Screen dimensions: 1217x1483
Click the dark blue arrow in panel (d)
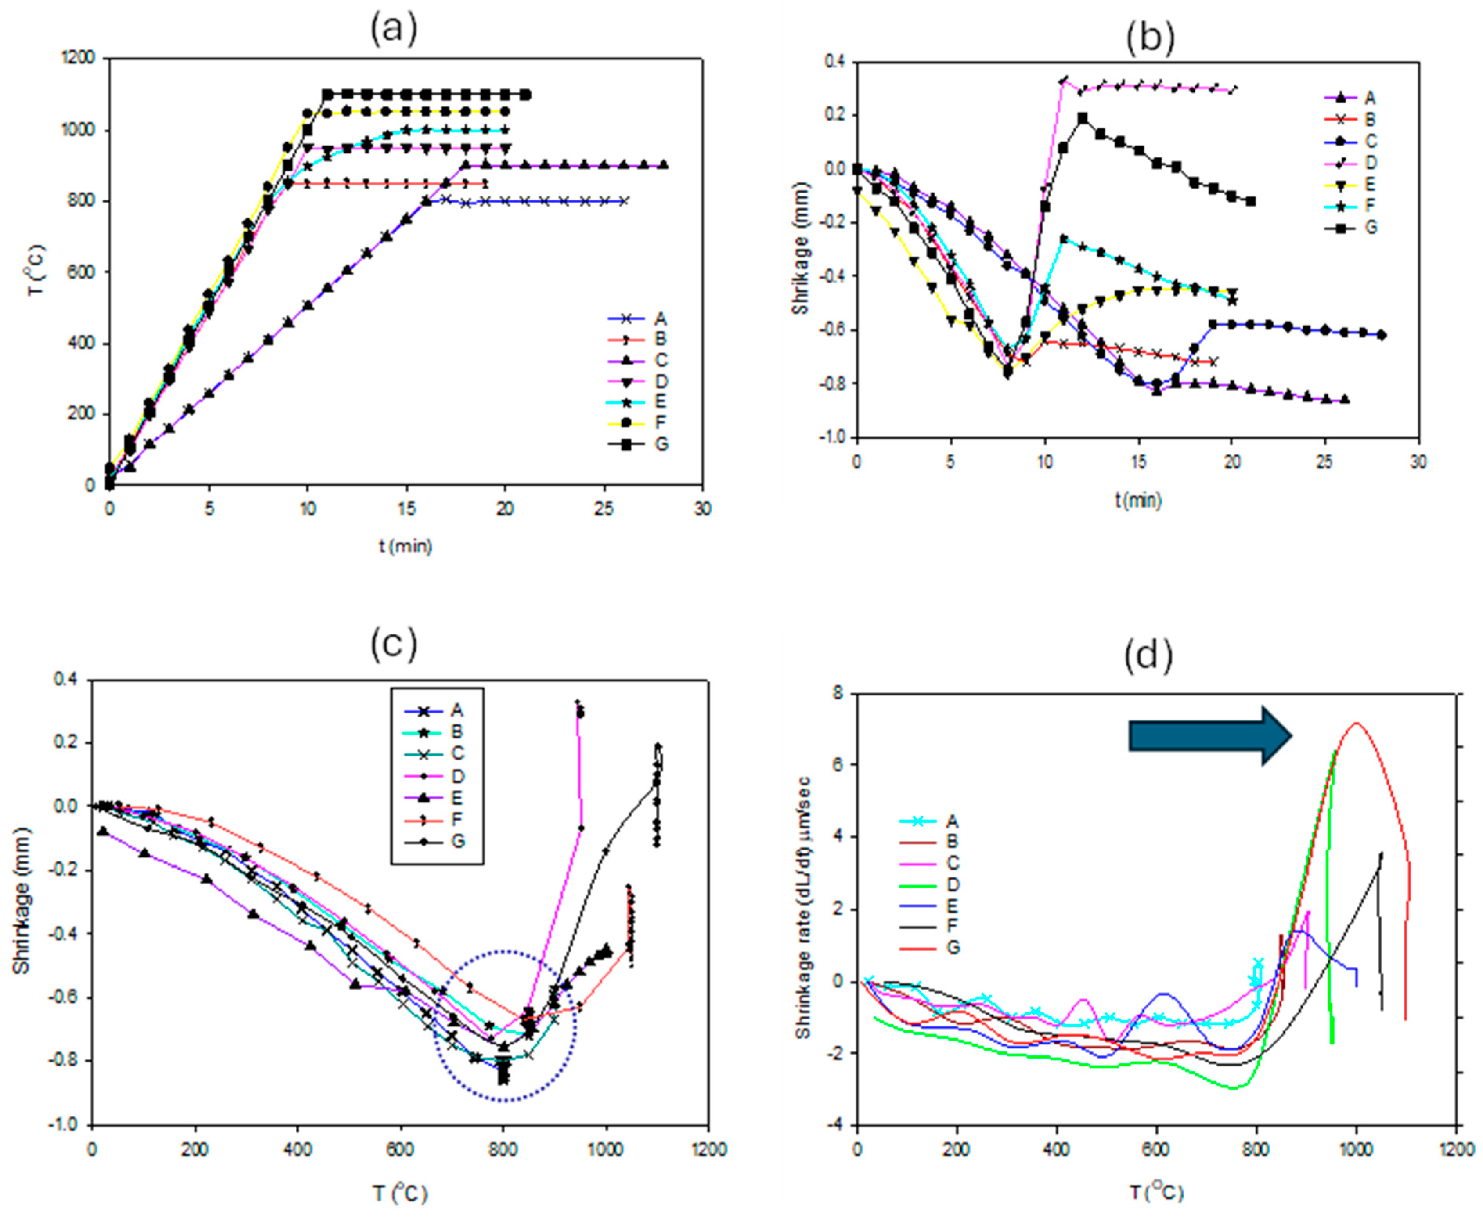(x=1209, y=735)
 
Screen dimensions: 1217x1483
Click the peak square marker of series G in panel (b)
(x=1082, y=118)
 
